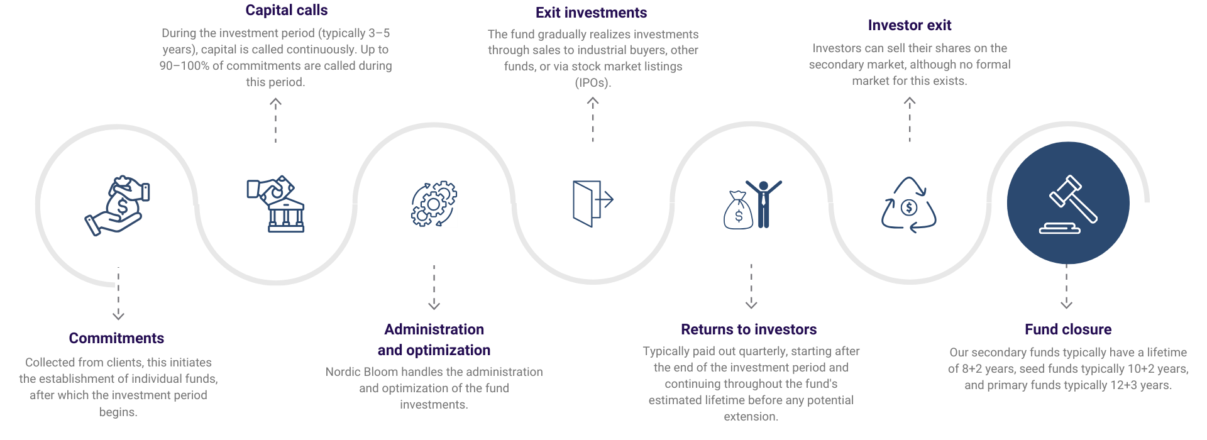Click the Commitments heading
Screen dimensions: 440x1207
116,338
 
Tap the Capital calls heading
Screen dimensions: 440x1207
286,10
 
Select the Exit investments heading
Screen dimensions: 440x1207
591,13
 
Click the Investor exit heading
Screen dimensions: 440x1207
909,25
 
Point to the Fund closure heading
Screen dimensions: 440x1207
1067,329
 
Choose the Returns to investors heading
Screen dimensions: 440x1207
748,329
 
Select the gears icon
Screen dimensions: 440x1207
434,204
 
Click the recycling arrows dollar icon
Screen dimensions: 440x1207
909,205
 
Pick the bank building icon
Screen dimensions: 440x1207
277,204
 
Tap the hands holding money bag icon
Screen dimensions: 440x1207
118,205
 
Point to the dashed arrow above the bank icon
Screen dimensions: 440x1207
275,119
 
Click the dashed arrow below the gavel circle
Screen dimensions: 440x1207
1066,287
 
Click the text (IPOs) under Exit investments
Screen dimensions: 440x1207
592,82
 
